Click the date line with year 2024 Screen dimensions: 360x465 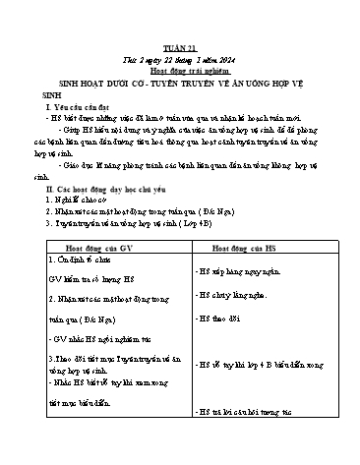[180, 31]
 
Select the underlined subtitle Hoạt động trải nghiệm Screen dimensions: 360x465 [180, 42]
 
